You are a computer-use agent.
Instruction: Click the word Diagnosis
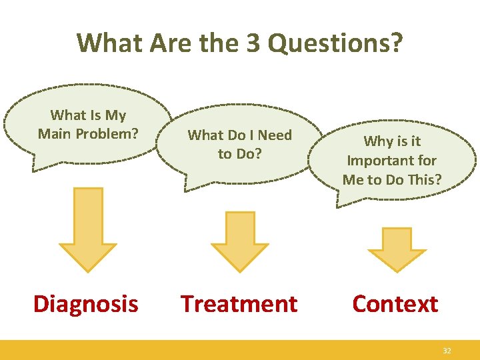click(x=86, y=304)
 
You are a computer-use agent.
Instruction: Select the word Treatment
click(x=239, y=304)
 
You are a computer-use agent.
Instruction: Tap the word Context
click(x=395, y=304)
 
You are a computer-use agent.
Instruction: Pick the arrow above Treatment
click(x=239, y=241)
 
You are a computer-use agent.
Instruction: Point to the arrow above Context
click(x=397, y=249)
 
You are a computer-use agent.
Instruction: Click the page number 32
click(x=447, y=350)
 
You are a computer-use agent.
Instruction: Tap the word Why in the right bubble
click(x=378, y=141)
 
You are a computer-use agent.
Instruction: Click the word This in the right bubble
click(x=425, y=179)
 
